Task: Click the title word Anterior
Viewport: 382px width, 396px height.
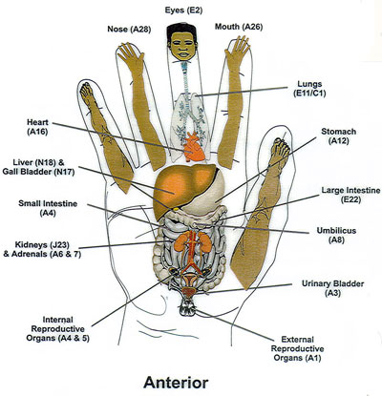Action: pyautogui.click(x=191, y=381)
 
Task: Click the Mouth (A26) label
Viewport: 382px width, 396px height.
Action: pyautogui.click(x=240, y=27)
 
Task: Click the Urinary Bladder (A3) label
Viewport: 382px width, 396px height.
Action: pyautogui.click(x=330, y=288)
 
